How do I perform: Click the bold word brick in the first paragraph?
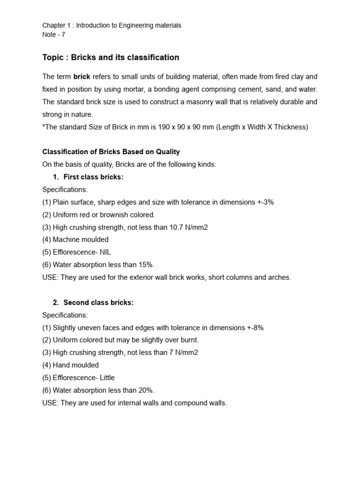point(82,76)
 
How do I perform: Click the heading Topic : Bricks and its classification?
point(111,57)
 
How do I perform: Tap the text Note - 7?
point(54,35)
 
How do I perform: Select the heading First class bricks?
point(93,177)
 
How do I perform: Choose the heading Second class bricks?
point(98,302)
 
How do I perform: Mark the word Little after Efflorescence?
point(106,377)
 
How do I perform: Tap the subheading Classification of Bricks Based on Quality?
point(111,152)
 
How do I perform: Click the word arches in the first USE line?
point(280,277)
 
